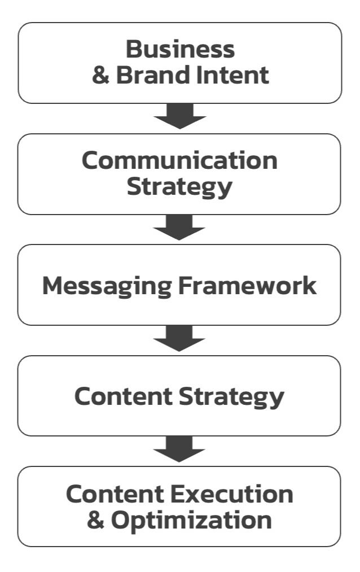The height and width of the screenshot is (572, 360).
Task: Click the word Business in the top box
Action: [179, 50]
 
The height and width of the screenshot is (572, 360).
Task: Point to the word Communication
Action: [179, 160]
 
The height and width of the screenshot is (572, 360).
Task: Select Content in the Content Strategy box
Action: [124, 397]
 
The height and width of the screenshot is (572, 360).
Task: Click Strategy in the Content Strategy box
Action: [231, 398]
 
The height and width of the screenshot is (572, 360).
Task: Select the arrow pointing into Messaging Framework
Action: [179, 228]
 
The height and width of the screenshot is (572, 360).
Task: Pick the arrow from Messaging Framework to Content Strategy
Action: [179, 339]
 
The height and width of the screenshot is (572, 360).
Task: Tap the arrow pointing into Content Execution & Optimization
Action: [179, 450]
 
